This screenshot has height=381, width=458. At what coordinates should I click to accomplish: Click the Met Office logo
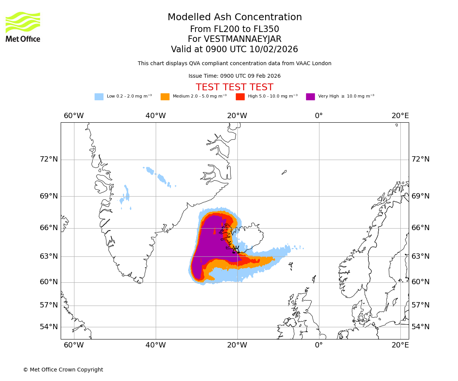(23, 27)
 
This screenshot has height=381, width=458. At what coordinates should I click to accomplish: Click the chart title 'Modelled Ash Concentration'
(235, 18)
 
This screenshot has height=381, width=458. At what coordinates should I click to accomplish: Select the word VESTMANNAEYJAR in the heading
(243, 39)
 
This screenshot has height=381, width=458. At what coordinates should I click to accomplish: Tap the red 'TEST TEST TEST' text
(234, 87)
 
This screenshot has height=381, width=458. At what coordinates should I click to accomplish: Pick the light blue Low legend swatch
(99, 97)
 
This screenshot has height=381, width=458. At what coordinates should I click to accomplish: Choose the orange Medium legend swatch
(165, 97)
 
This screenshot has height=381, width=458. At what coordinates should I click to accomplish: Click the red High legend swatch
(240, 97)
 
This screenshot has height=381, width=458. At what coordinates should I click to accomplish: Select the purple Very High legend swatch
(310, 97)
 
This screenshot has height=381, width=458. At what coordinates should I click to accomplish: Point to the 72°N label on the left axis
(49, 159)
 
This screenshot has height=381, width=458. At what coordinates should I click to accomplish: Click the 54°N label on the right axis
(420, 327)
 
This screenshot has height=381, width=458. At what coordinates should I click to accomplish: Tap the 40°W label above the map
(156, 116)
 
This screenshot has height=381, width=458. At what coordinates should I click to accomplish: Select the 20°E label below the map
(400, 345)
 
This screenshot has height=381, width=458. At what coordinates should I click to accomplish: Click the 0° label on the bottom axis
(319, 345)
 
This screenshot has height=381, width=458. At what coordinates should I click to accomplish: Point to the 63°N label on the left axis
(49, 256)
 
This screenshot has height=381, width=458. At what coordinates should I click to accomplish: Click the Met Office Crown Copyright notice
(63, 370)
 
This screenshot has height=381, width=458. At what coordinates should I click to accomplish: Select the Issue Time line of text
(234, 76)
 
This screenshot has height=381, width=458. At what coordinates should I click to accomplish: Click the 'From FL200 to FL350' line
(234, 29)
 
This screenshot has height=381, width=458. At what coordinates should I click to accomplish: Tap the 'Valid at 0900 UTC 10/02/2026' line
(234, 50)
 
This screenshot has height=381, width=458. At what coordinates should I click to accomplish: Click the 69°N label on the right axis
(420, 196)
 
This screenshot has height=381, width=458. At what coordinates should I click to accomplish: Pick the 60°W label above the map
(74, 116)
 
